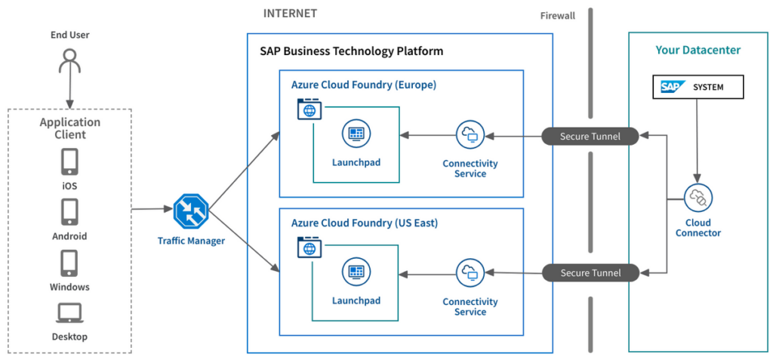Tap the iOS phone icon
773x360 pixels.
pos(69,162)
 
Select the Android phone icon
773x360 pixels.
pos(69,213)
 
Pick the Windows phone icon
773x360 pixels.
pos(69,263)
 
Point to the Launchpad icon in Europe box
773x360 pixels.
pos(356,136)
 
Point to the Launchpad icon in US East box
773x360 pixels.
pos(356,273)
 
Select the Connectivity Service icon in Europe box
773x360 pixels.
pos(470,136)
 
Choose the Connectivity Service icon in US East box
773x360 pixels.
pos(470,273)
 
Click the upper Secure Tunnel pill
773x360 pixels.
pos(590,137)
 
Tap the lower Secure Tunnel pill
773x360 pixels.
pos(590,273)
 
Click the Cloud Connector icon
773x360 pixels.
pos(698,198)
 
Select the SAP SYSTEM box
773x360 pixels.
pos(698,87)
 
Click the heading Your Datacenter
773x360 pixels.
pos(698,51)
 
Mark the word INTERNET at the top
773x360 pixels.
pos(290,14)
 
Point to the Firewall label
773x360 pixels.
pos(558,16)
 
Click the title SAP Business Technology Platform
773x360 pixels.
pos(352,51)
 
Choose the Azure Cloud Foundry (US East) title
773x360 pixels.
pos(365,223)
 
